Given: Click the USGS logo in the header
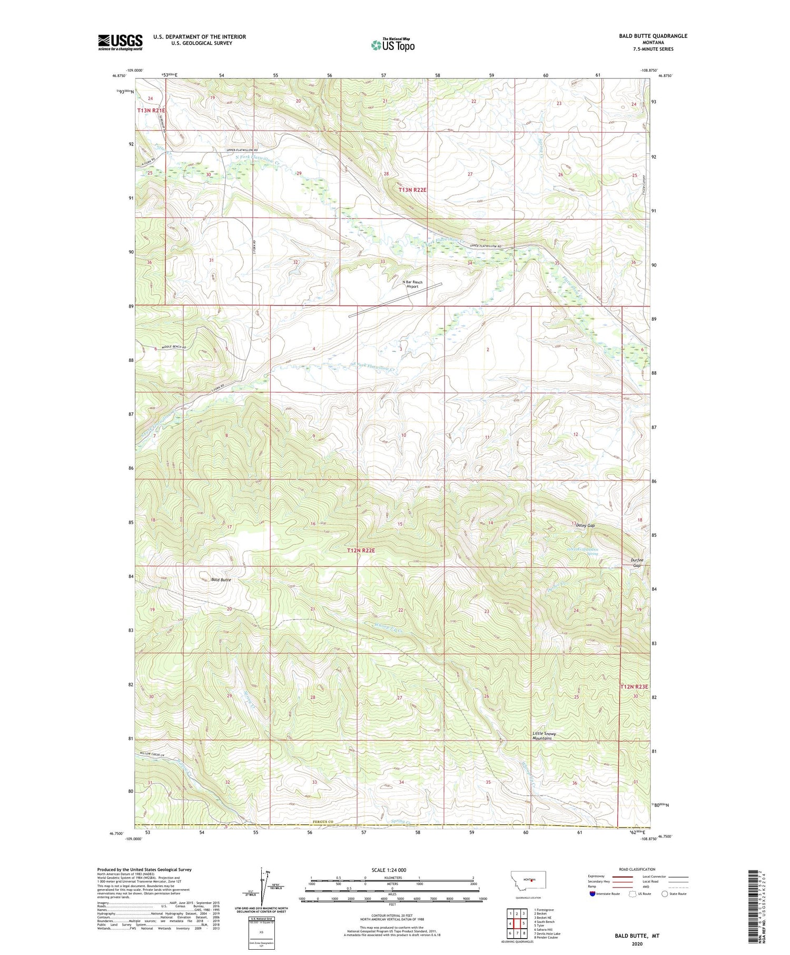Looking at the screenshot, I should click(x=120, y=42).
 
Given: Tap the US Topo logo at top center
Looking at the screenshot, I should click(x=393, y=45).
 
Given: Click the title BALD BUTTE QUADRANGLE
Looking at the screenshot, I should click(x=653, y=36).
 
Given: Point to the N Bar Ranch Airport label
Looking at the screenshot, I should click(x=412, y=284).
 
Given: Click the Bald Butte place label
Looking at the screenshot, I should click(x=221, y=579).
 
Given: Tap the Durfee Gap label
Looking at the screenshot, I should click(x=637, y=563).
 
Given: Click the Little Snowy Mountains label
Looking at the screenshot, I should click(x=544, y=736).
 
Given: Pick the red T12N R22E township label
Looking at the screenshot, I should click(x=361, y=550).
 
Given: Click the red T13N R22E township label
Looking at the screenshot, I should click(x=412, y=189).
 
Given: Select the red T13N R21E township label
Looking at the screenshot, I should click(x=151, y=111).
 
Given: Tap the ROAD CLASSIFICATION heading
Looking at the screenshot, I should click(x=637, y=869).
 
